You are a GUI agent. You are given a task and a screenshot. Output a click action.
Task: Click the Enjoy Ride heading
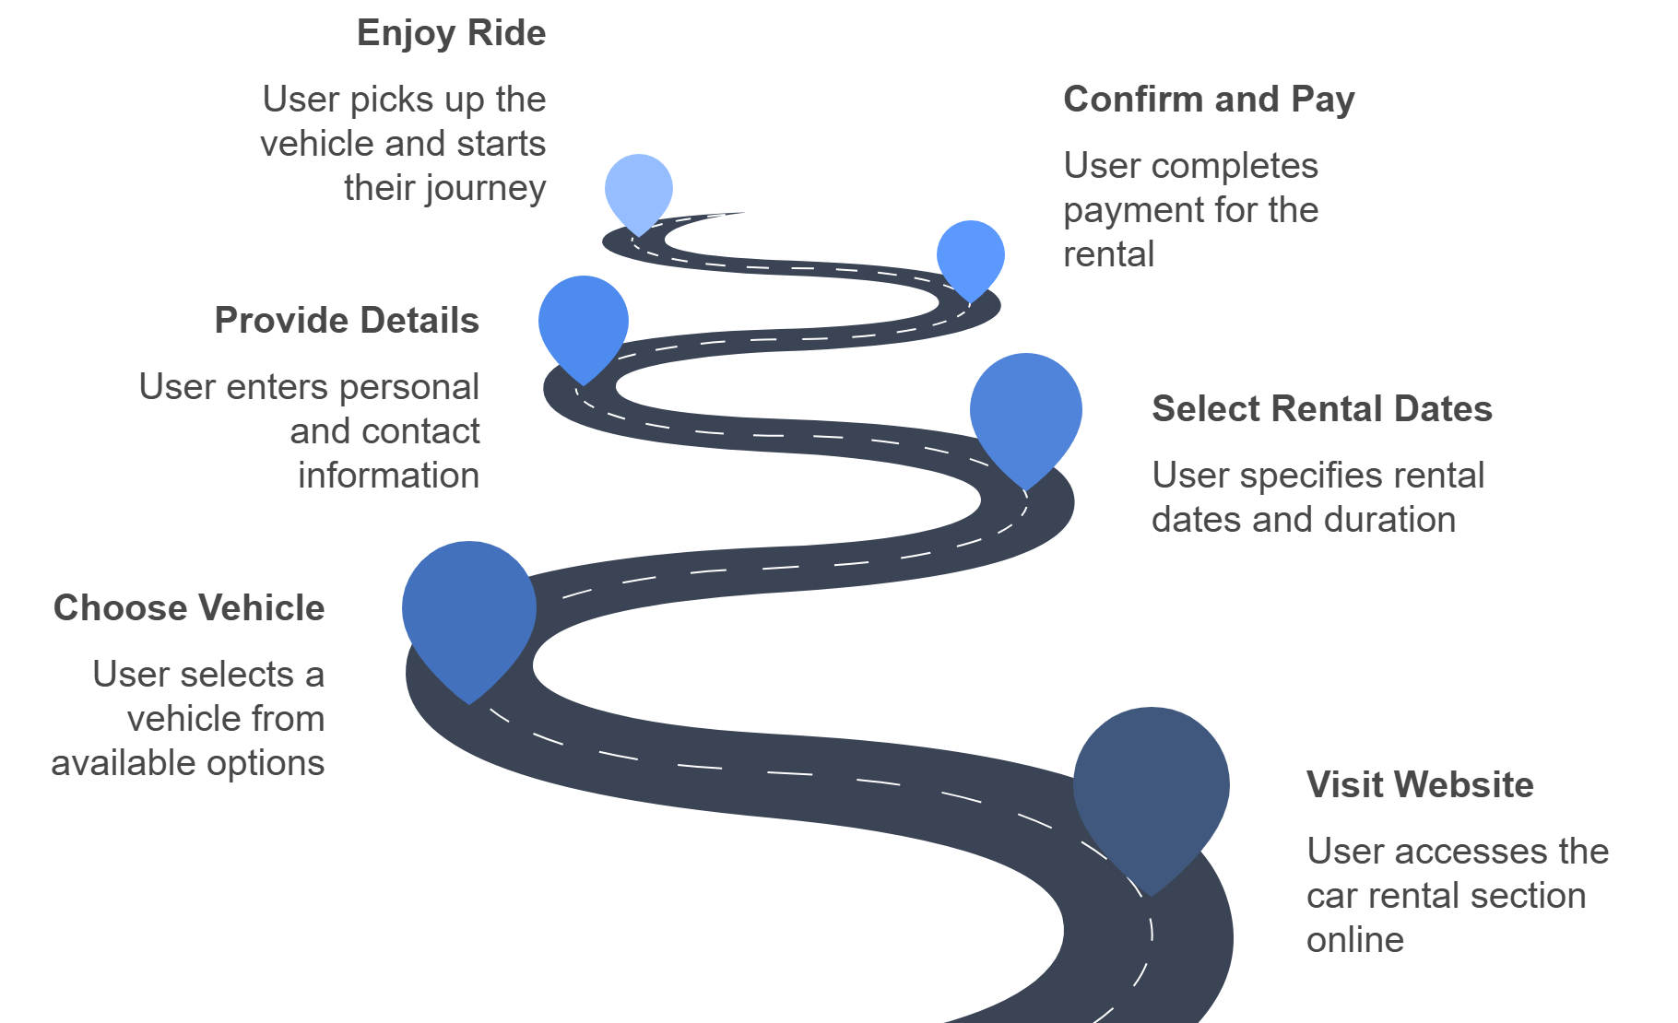(451, 33)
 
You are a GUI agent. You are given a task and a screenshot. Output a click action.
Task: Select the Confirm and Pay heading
(1209, 100)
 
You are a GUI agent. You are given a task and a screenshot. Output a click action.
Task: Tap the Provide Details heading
(347, 321)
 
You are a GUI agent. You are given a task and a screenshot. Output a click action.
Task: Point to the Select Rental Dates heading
(1321, 409)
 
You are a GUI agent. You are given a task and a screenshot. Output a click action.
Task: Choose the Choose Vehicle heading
(189, 608)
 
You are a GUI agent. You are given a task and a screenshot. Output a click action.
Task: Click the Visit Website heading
(1420, 785)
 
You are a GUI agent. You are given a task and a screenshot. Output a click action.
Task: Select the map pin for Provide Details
(583, 323)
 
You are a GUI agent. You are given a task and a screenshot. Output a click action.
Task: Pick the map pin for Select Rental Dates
(1025, 412)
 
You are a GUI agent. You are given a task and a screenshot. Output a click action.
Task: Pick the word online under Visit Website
(1355, 940)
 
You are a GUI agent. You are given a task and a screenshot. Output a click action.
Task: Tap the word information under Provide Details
(388, 476)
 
